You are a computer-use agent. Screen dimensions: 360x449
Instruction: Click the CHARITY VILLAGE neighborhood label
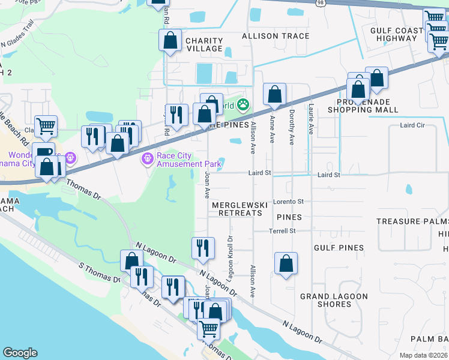204,46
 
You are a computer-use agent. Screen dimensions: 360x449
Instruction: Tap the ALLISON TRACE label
276,36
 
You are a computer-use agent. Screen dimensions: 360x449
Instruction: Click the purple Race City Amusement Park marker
146,159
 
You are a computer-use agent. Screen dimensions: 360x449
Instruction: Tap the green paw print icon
243,106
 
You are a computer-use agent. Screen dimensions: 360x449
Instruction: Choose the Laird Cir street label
412,125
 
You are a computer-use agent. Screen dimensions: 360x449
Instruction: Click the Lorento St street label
288,202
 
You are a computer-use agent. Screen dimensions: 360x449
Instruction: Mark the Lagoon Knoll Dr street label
229,256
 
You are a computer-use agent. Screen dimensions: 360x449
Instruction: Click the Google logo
20,353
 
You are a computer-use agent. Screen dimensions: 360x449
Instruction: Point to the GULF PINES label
339,248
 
